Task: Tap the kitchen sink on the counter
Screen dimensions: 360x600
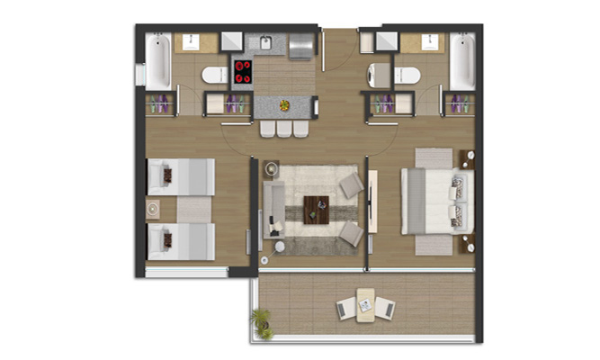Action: (266, 42)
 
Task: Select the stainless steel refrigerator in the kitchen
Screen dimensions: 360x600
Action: (301, 44)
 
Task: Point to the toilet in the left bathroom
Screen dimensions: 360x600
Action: (215, 76)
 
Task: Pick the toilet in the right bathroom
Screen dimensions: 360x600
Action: (406, 76)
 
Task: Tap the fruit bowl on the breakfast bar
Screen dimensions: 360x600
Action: (284, 105)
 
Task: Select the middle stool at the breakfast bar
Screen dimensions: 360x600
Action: (284, 129)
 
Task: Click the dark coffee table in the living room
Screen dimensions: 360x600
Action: (317, 208)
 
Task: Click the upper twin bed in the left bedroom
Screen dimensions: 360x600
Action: (180, 176)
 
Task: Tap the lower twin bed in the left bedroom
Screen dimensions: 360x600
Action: (180, 240)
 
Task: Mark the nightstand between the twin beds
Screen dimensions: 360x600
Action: (154, 209)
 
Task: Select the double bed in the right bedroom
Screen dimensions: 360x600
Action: (436, 201)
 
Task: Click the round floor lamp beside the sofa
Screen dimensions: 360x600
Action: (281, 245)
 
